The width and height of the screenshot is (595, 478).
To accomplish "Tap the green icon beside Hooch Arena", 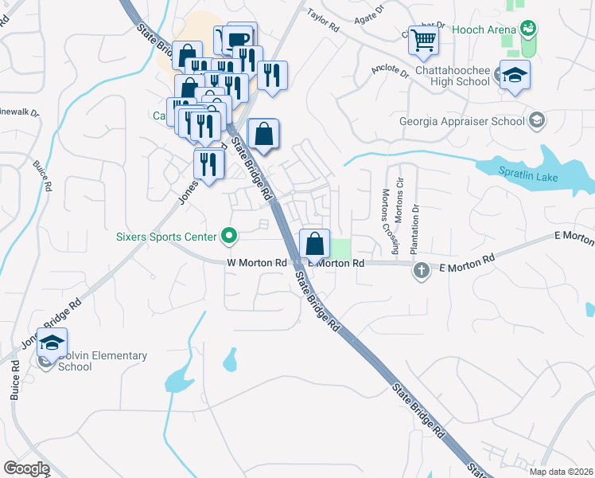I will click(x=527, y=29).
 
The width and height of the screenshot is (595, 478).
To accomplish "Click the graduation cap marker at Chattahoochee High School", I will click(x=515, y=75).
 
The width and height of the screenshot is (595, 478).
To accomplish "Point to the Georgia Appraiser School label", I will click(x=462, y=121).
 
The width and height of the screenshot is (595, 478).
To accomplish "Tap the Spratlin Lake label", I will click(x=528, y=176).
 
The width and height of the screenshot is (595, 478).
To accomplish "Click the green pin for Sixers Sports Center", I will click(x=229, y=236).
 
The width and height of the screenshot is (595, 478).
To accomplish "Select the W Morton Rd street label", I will click(x=256, y=262).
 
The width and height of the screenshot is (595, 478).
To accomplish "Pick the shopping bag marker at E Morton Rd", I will click(x=314, y=243).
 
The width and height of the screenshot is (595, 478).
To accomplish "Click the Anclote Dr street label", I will click(x=390, y=72).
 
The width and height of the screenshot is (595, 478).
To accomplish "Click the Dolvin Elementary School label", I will click(x=91, y=361).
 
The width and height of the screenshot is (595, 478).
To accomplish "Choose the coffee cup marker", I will click(x=238, y=39).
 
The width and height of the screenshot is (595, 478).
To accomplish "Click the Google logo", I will click(x=26, y=468).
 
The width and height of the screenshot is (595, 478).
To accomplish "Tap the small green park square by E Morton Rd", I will click(x=340, y=248).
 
